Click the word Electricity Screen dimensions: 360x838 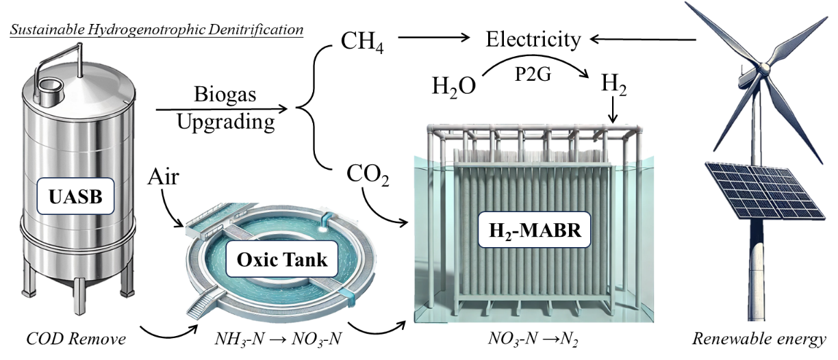point(533,39)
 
